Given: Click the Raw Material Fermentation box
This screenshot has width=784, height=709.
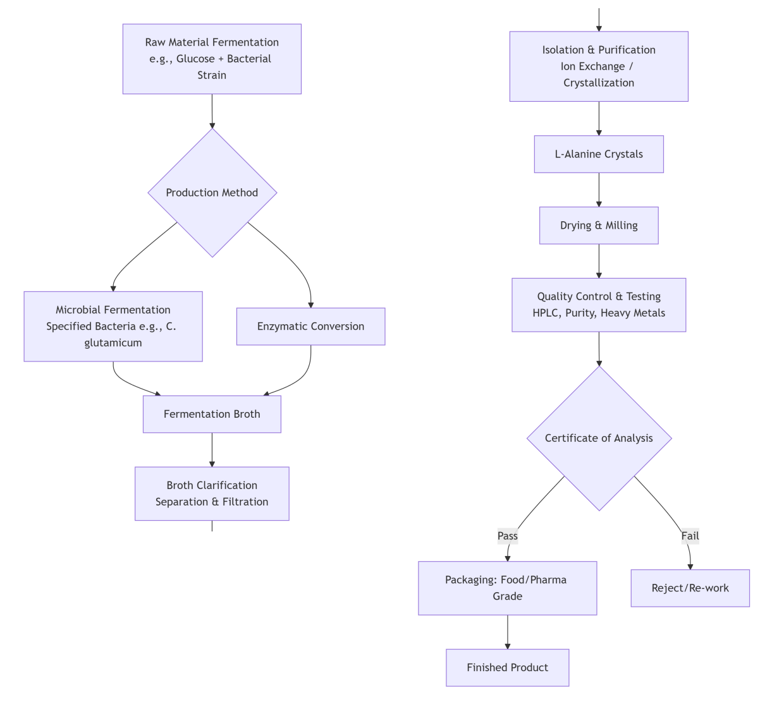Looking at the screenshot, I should (212, 59).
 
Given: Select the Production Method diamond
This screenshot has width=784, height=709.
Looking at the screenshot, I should (212, 193).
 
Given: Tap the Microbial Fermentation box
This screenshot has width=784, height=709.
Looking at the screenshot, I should (113, 326).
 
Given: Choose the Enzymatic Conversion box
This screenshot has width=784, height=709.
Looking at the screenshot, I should (310, 326).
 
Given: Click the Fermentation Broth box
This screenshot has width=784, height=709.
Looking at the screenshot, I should (212, 414).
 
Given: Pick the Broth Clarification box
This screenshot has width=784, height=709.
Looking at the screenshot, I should (212, 494).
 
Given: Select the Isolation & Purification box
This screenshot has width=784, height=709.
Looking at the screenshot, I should (599, 66).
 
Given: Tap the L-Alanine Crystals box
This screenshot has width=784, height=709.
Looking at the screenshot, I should (599, 154).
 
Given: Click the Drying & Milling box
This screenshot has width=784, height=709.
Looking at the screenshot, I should (599, 226).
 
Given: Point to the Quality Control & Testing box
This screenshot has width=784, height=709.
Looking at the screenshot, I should (599, 305).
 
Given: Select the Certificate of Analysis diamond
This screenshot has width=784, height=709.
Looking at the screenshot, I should (599, 438).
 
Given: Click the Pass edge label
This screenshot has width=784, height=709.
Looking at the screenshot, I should (508, 536).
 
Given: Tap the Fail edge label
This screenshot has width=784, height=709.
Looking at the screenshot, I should (690, 536).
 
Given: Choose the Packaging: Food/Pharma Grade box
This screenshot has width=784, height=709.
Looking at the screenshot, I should (507, 588).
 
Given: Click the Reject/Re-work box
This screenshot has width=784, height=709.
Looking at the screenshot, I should (690, 588).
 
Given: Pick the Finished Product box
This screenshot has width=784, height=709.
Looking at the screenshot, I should (507, 667).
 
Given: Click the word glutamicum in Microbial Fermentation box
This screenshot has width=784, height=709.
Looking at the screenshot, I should (113, 342).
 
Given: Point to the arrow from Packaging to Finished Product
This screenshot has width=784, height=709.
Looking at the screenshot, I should (508, 632).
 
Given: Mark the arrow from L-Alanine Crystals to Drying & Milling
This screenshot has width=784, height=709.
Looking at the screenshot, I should (599, 190).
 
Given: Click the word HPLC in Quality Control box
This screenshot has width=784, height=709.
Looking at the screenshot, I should (546, 313).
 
